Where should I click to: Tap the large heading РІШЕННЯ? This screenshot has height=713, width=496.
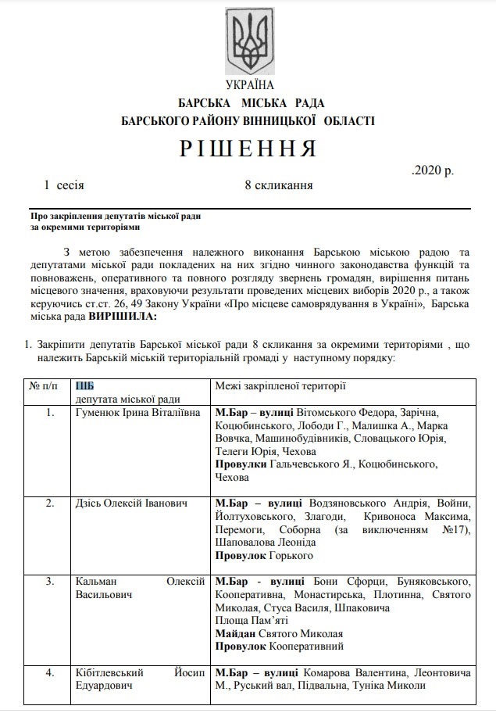248,148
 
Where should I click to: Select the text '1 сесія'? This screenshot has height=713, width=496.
65,185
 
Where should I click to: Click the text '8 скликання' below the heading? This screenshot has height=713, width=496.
278,185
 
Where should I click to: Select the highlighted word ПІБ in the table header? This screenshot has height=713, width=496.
87,385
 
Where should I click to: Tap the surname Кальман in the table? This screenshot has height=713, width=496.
98,582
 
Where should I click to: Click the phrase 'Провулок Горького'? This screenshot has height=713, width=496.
263,556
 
